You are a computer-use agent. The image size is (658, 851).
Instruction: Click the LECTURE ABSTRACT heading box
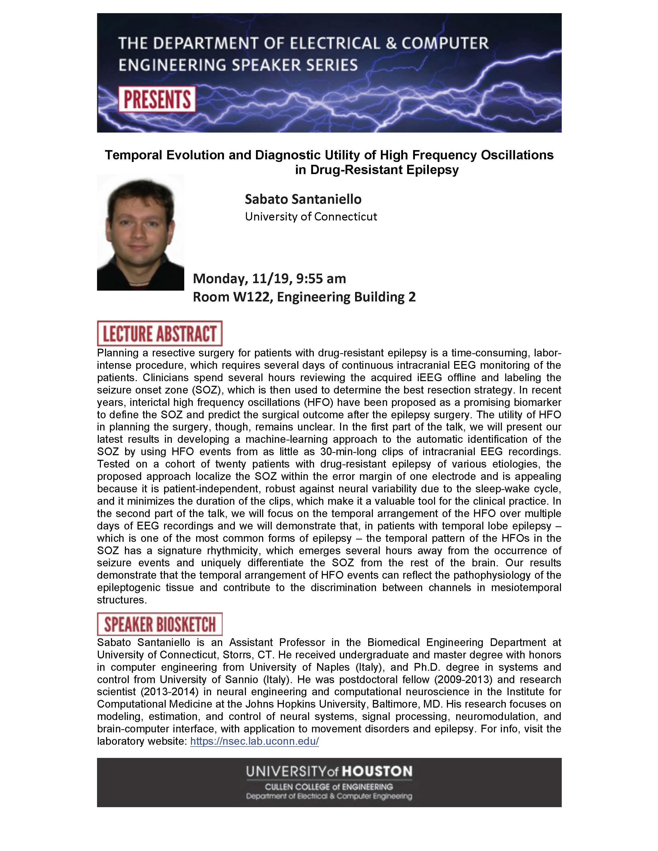coord(159,333)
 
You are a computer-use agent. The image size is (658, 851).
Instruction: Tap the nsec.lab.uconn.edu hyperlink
coord(254,741)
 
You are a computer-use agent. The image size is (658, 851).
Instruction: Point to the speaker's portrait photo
coord(140,232)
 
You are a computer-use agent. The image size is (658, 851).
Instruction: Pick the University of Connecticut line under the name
coord(311,217)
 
